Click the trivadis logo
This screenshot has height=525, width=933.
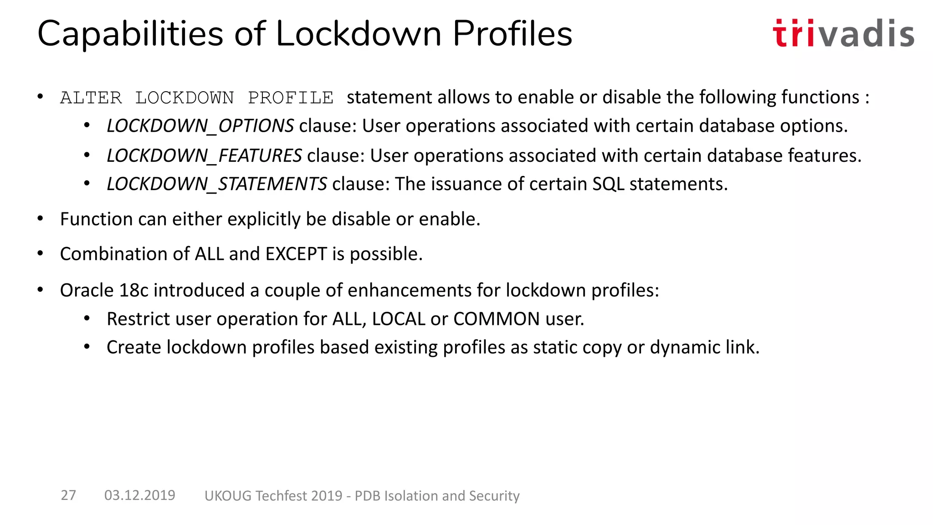point(843,33)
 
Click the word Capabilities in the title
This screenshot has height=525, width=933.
point(130,34)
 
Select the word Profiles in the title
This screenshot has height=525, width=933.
point(512,34)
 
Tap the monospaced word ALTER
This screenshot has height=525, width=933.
point(91,98)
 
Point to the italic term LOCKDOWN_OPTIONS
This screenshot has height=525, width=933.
point(200,126)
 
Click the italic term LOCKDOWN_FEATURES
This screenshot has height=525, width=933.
point(204,156)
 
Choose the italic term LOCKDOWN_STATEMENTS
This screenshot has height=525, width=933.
point(217,184)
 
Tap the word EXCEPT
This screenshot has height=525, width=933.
point(296,254)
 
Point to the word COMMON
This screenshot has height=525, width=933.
point(497,319)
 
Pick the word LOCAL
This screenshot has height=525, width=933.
point(399,319)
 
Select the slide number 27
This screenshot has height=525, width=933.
point(68,495)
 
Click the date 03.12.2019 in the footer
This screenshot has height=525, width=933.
point(140,495)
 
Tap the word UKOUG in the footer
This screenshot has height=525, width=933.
point(228,496)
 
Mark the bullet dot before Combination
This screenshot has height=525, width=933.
point(41,253)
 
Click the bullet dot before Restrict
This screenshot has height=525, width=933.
point(87,319)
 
